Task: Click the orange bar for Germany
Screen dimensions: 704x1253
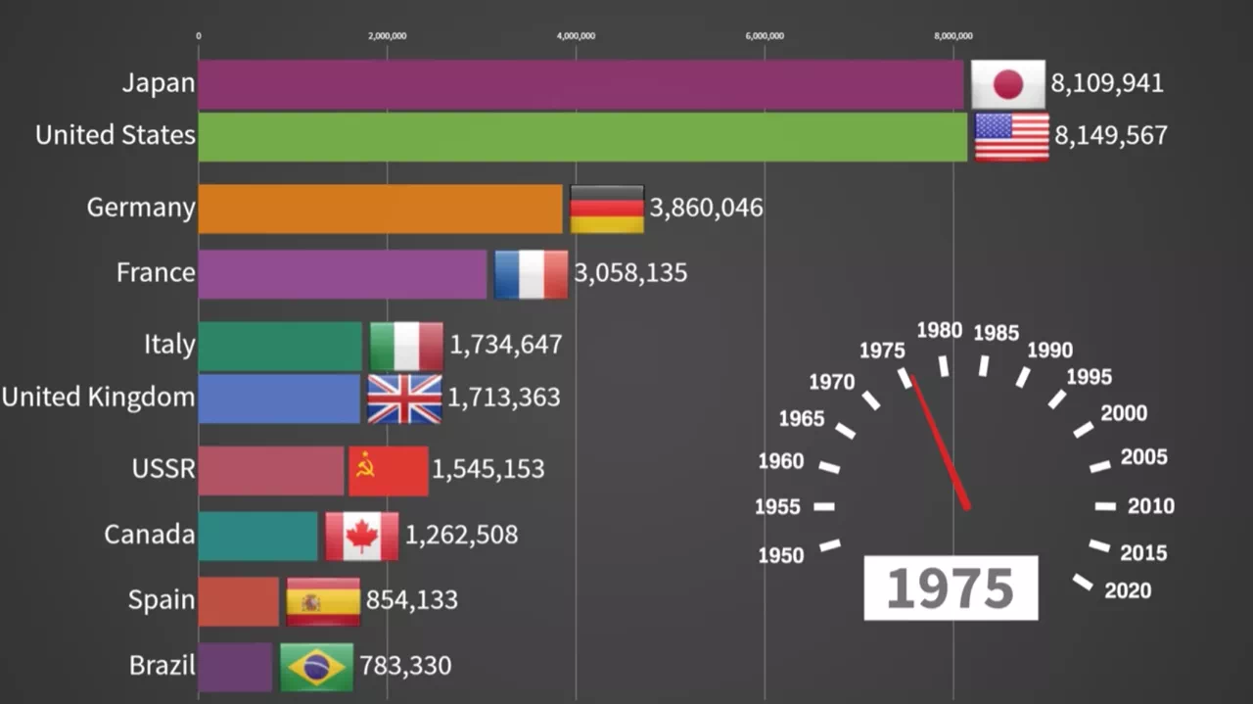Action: click(380, 209)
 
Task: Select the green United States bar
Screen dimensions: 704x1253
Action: click(582, 136)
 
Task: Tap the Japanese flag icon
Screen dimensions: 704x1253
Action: click(1007, 84)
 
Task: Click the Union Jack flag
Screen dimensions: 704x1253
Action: click(404, 399)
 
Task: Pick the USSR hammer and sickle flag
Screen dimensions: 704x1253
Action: click(388, 471)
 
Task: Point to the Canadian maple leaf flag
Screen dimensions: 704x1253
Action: click(361, 536)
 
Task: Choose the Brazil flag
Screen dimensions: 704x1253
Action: click(316, 667)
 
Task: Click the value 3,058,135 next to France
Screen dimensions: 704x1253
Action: click(630, 273)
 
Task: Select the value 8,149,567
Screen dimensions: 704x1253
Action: click(1110, 135)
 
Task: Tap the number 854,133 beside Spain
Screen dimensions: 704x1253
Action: click(411, 599)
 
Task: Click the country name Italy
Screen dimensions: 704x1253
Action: click(168, 345)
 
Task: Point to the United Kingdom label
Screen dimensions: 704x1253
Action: click(98, 398)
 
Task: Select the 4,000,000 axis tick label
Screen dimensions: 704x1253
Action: click(576, 36)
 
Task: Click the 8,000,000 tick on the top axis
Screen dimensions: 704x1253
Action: click(952, 36)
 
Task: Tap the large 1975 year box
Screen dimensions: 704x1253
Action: click(951, 587)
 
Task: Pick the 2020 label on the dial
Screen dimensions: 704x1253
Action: click(1128, 590)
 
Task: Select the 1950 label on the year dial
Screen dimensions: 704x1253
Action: click(781, 555)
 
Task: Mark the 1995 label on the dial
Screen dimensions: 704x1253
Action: click(1089, 377)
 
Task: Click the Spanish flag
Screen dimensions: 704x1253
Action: click(322, 601)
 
